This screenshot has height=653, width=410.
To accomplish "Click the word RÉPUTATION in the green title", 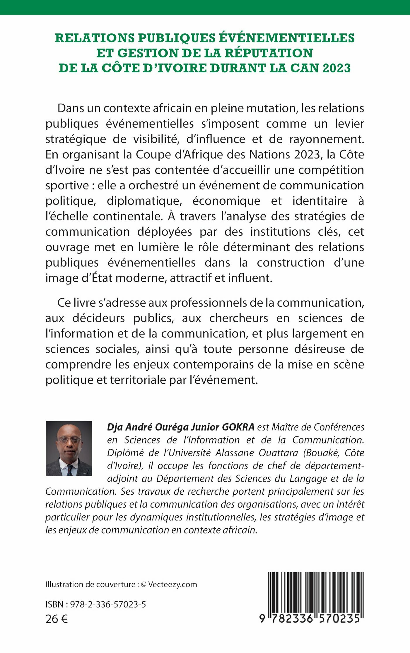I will coord(269,53).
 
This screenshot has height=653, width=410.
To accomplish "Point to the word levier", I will coord(350,124).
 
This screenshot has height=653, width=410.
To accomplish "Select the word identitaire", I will coord(320,201).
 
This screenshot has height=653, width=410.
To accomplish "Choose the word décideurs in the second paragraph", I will coord(99,318).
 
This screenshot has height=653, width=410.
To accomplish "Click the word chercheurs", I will coord(239,318).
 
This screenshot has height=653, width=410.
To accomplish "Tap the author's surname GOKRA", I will coord(238,427).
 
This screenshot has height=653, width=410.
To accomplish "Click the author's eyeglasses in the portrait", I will coord(69,440).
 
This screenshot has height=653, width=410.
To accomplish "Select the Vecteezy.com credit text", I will coord(172,585).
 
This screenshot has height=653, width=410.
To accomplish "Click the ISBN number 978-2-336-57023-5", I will coord(108,605).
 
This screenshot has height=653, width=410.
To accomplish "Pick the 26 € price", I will coord(57,619).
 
